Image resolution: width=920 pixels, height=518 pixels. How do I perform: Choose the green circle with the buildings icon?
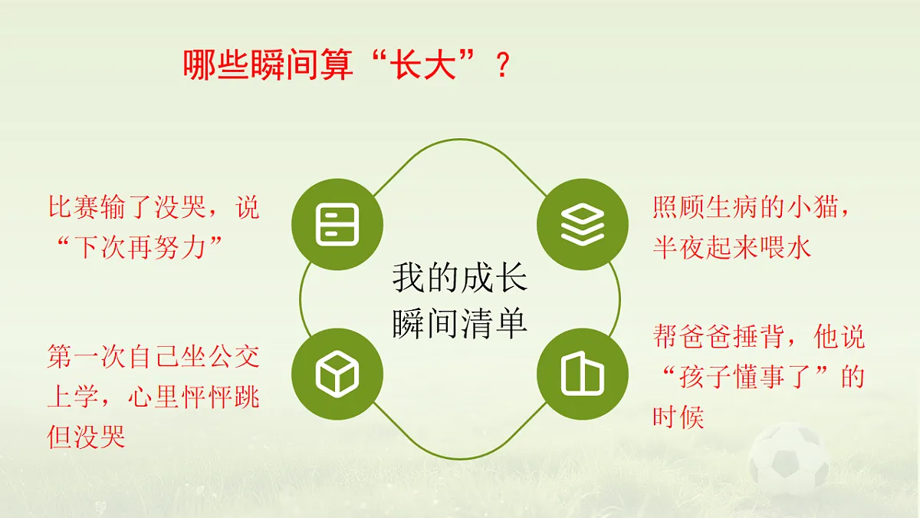pyautogui.click(x=582, y=374)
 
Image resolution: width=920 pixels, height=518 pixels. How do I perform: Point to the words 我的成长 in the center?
pyautogui.click(x=459, y=278)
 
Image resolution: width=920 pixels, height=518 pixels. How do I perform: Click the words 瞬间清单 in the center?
pyautogui.click(x=459, y=323)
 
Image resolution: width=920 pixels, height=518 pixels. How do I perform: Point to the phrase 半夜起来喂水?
pyautogui.click(x=731, y=247)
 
